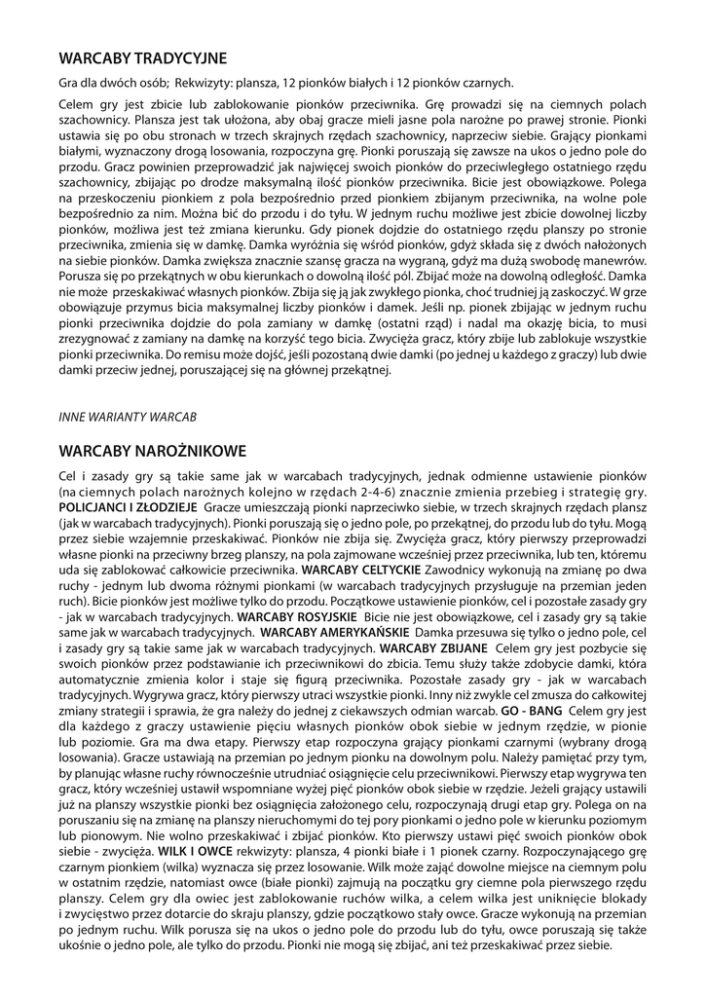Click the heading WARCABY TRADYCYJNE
coord(142,57)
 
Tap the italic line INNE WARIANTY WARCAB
coord(128,416)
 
